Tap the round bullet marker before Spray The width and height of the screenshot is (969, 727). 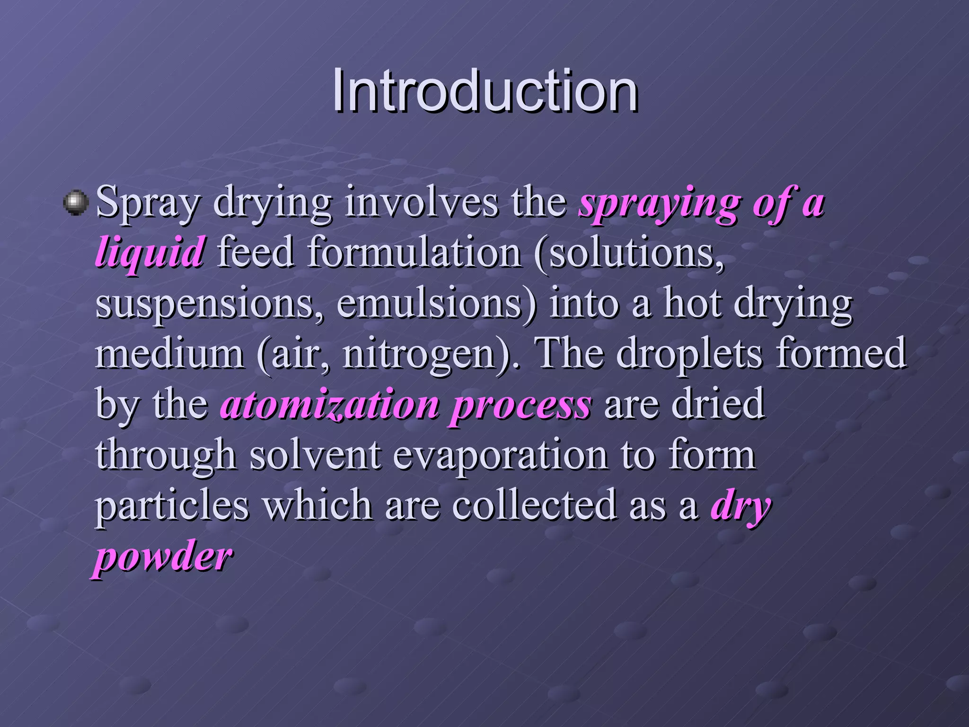pyautogui.click(x=76, y=203)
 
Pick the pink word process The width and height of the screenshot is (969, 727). pyautogui.click(x=520, y=406)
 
